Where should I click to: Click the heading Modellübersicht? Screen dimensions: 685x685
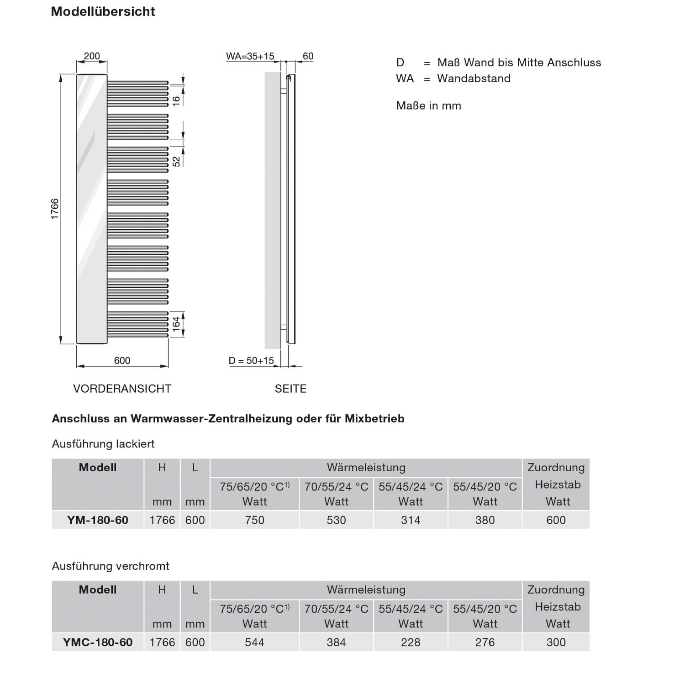[103, 11]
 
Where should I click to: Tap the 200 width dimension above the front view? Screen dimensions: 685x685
[92, 56]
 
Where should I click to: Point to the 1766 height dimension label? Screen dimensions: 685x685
[55, 209]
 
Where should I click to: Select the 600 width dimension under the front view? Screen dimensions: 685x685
[122, 360]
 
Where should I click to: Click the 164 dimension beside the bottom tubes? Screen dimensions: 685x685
[176, 324]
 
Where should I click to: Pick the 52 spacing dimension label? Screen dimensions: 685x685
[176, 161]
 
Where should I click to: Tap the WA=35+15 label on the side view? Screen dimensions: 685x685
[250, 56]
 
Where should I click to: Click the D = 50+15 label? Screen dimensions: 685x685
[251, 360]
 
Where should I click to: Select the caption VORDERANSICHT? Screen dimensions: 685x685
[122, 389]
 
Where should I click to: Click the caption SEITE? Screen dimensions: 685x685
[290, 389]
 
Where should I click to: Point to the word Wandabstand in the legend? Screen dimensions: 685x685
[474, 79]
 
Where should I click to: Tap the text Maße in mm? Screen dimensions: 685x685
[428, 106]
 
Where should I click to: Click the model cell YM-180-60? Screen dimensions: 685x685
[98, 520]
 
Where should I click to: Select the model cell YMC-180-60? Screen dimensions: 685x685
[98, 643]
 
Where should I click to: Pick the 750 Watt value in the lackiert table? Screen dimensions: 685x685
[254, 520]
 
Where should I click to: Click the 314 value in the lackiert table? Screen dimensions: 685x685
[411, 520]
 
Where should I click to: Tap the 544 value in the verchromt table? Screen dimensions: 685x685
[254, 643]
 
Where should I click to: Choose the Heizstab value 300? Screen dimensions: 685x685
[556, 643]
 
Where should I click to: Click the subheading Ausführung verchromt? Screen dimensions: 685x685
[111, 566]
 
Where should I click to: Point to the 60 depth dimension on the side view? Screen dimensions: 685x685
[308, 56]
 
